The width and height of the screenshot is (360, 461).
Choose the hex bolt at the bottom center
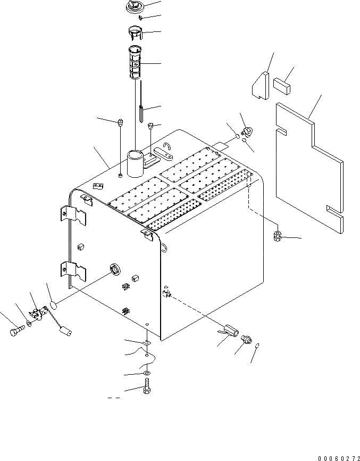pyautogui.click(x=146, y=390)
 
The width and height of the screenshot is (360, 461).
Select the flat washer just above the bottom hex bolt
pyautogui.click(x=146, y=375)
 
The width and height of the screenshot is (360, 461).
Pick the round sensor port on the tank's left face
pyautogui.click(x=114, y=270)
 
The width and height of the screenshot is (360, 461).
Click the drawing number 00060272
pyautogui.click(x=338, y=457)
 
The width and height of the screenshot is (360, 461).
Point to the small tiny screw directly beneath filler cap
pyautogui.click(x=140, y=18)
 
